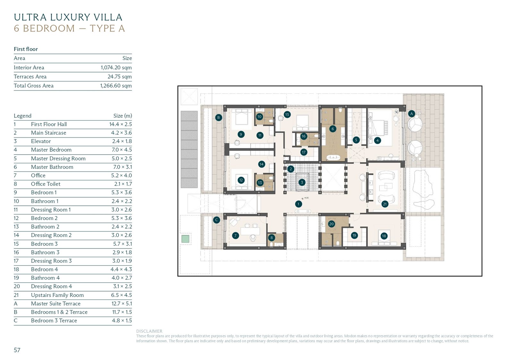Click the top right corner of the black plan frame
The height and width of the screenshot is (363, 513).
coord(482,86)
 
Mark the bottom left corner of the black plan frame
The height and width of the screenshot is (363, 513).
coord(178,276)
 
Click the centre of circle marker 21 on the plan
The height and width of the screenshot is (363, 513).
coord(385,204)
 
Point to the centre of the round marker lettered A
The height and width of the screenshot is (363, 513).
coord(412,114)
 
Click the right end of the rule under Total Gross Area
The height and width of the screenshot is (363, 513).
coord(132,90)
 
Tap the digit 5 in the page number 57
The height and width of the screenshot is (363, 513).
coord(15,350)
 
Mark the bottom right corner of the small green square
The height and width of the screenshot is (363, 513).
coord(189,242)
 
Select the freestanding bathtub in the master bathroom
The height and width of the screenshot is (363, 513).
coord(333,157)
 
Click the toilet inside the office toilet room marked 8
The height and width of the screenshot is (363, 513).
coord(271,244)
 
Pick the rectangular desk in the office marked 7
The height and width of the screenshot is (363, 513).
coord(250,231)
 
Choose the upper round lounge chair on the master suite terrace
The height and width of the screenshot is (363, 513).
coord(415,124)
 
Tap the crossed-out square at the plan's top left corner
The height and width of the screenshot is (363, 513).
coord(189,97)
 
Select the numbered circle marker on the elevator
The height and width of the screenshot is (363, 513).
coord(302,182)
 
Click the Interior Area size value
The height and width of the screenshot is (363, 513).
coord(116,68)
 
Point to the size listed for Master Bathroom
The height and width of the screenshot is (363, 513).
coord(122,167)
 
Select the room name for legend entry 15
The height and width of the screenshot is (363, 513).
coord(44,244)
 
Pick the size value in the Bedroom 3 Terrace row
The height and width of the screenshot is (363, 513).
coord(122,320)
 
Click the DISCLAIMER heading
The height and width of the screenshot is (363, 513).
coord(149,331)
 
